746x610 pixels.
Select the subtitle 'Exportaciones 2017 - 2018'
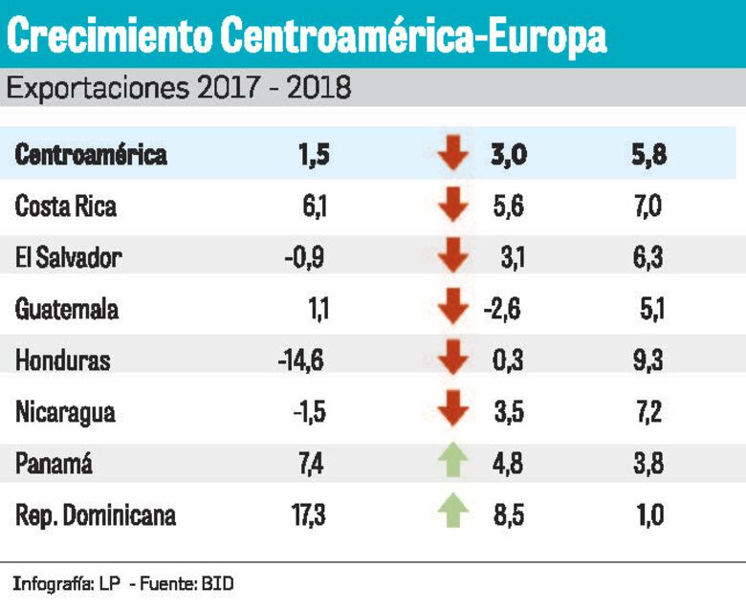tap(179, 89)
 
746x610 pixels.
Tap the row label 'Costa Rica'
tap(66, 207)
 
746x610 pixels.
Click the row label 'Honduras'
tap(63, 361)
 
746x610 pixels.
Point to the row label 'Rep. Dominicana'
tap(96, 516)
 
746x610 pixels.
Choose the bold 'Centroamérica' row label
tap(91, 155)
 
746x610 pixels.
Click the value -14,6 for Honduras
tap(301, 361)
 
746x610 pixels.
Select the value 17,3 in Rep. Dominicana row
tap(308, 516)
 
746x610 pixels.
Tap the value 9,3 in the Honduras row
tap(647, 361)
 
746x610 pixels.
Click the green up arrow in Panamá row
tap(453, 463)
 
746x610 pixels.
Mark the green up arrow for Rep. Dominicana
tap(453, 514)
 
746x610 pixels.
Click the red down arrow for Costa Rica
tap(453, 207)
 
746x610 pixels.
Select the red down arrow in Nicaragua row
tap(453, 411)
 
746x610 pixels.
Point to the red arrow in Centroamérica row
tap(453, 155)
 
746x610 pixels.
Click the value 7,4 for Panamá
tap(312, 465)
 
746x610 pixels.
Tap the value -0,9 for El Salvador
tap(305, 258)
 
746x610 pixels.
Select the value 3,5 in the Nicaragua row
tap(509, 413)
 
